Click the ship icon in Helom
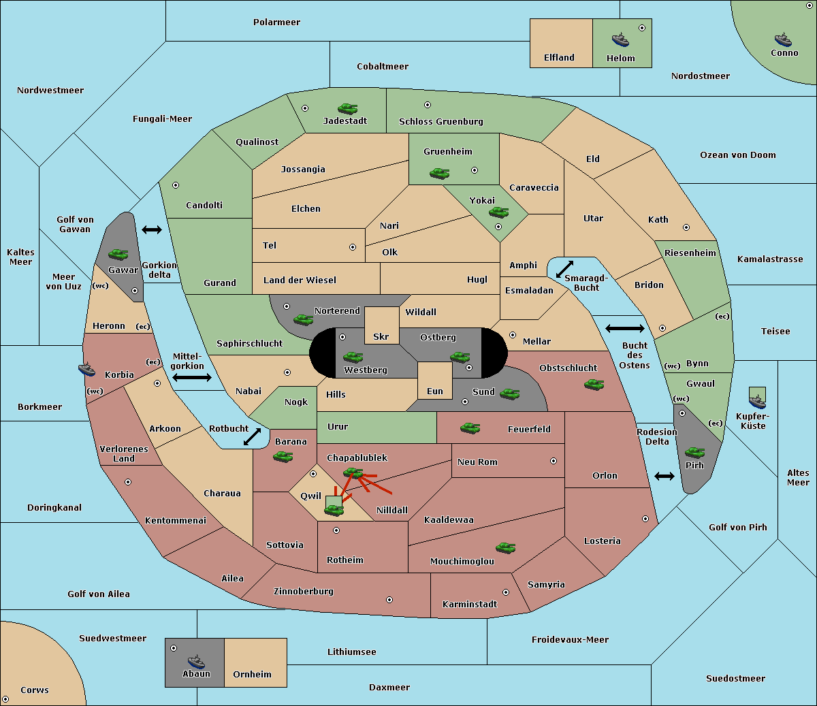point(620,39)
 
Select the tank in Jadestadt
point(347,108)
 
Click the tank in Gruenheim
point(440,173)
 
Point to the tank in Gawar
point(118,254)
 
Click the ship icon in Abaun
point(196,661)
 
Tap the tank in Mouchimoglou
point(506,547)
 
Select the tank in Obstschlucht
point(594,384)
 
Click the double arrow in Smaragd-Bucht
point(564,269)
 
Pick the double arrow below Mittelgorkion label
point(192,377)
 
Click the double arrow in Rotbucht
point(252,436)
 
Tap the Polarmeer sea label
point(276,22)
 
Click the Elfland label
point(559,58)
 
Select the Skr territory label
point(381,336)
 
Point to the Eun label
point(435,391)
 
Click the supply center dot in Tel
point(353,247)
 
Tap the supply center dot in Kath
point(686,227)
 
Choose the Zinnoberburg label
point(304,592)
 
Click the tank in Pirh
point(694,452)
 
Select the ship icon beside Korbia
point(86,369)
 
